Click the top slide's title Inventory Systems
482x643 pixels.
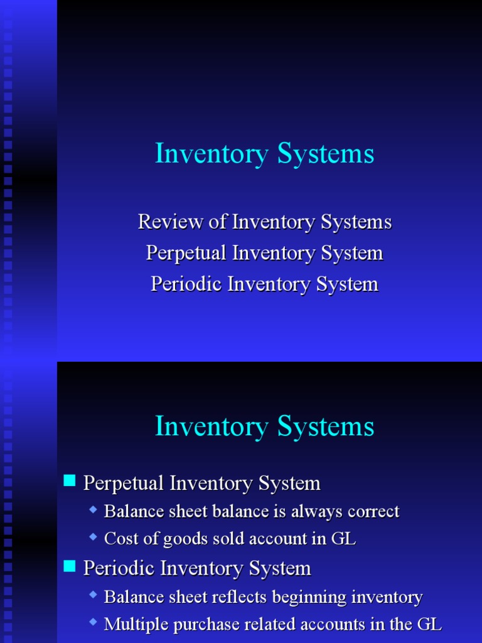pyautogui.click(x=264, y=154)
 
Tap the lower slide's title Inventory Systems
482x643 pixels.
pyautogui.click(x=264, y=427)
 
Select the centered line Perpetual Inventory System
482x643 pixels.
pyautogui.click(x=264, y=253)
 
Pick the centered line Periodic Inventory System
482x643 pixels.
pyautogui.click(x=264, y=284)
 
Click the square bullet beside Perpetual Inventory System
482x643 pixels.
pyautogui.click(x=70, y=482)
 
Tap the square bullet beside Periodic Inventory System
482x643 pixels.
pyautogui.click(x=70, y=567)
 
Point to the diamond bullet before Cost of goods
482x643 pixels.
pyautogui.click(x=94, y=537)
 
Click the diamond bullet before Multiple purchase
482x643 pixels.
pyautogui.click(x=94, y=622)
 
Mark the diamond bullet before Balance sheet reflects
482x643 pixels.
pyautogui.click(x=94, y=595)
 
